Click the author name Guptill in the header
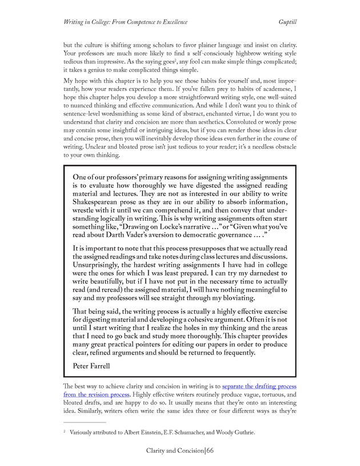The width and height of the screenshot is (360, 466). point(283,22)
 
